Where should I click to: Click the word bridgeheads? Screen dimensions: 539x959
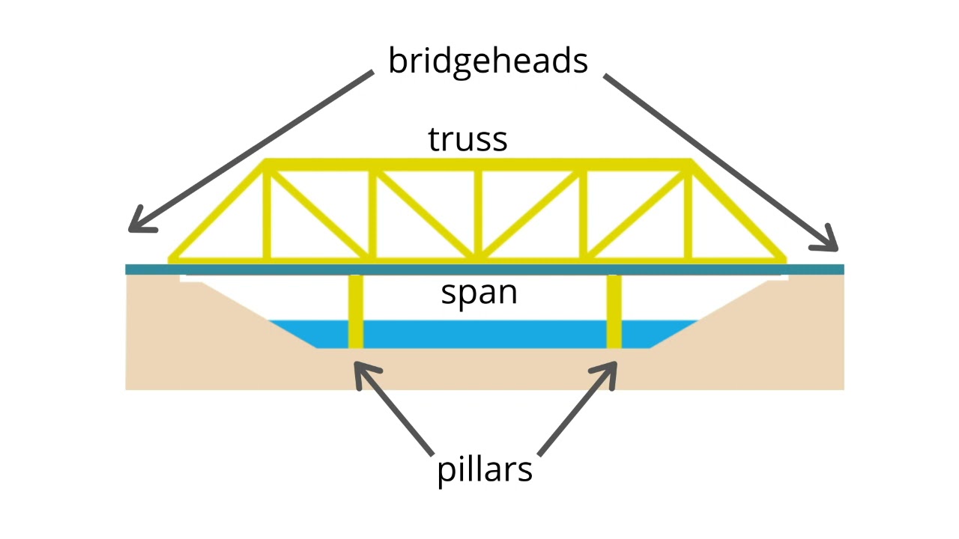[x=488, y=61]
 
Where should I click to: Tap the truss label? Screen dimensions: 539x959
[x=468, y=139]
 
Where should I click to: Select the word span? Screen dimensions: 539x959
[x=479, y=293]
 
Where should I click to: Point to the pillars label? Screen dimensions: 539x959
[x=485, y=470]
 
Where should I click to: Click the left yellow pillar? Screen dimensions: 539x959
[x=356, y=311]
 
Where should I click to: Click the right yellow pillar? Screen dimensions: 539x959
[x=614, y=311]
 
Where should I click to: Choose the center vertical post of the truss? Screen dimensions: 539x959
[x=478, y=213]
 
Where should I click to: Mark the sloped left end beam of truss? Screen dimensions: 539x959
[x=217, y=212]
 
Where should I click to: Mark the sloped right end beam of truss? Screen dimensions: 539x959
[x=738, y=212]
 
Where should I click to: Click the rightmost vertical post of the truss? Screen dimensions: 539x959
[x=689, y=213]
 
